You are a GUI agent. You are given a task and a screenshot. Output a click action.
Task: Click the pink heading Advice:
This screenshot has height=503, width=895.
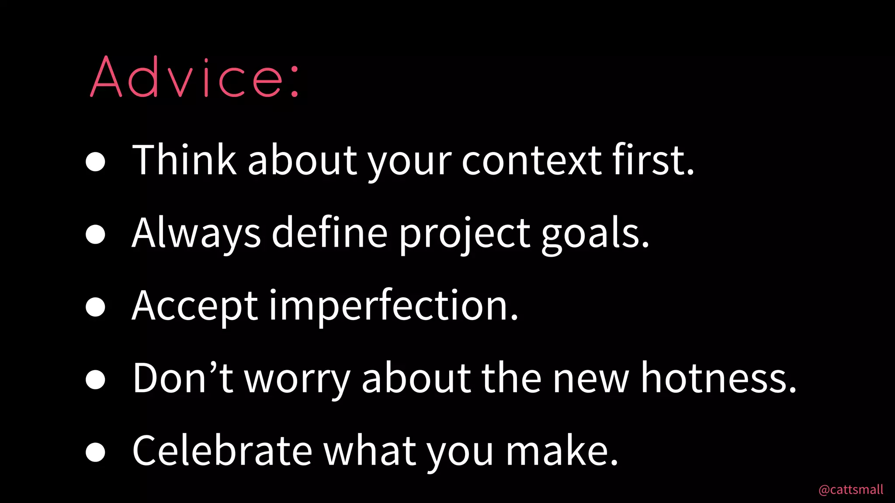click(x=195, y=77)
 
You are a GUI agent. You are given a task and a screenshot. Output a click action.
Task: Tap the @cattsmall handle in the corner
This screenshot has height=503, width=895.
click(x=850, y=489)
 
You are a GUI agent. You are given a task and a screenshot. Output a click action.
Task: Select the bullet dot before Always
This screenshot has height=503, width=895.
click(x=95, y=234)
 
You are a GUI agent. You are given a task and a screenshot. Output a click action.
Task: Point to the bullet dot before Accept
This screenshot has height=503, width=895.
click(x=95, y=307)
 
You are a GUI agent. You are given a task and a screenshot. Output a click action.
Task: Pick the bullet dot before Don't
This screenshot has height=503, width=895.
click(x=95, y=379)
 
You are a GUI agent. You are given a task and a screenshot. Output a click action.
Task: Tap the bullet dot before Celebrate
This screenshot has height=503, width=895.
click(x=95, y=451)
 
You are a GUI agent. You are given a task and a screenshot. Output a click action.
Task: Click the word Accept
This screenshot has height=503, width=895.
click(x=195, y=307)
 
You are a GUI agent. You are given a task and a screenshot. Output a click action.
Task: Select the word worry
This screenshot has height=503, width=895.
click(x=297, y=379)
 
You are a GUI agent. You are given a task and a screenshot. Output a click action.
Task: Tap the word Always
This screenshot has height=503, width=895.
click(x=196, y=233)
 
